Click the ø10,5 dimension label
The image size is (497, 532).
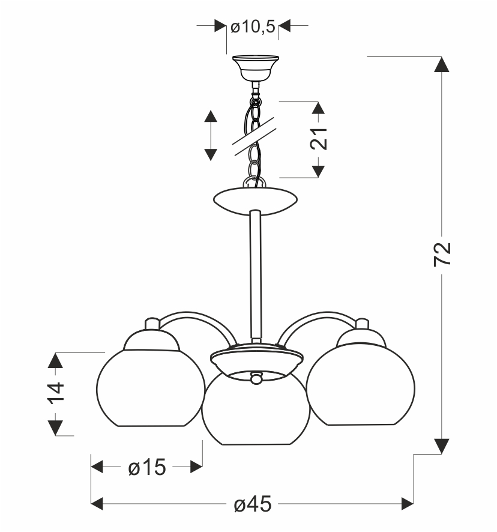pyautogui.click(x=253, y=26)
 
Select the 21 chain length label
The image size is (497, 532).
pyautogui.click(x=318, y=139)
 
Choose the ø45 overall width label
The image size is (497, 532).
pyautogui.click(x=252, y=503)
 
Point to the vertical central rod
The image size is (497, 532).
pyautogui.click(x=256, y=276)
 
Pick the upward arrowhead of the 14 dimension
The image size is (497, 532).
pyautogui.click(x=55, y=361)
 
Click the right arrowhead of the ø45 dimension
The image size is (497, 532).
pyautogui.click(x=406, y=503)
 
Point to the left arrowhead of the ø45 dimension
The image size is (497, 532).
pyautogui.click(x=98, y=503)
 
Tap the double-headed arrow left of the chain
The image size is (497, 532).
pyautogui.click(x=211, y=135)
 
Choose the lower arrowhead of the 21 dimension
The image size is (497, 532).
pyautogui.click(x=318, y=169)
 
